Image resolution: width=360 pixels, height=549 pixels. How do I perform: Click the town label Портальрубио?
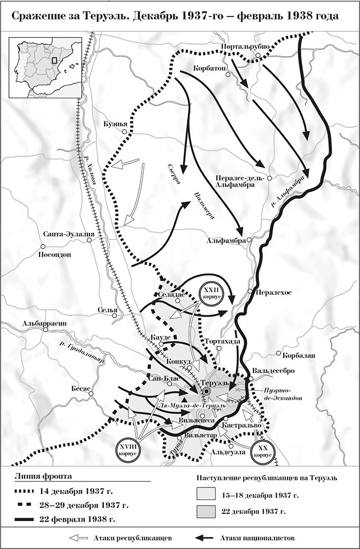(244, 47)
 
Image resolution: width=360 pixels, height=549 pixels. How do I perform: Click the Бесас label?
(80, 388)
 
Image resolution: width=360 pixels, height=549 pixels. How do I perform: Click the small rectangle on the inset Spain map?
(54, 61)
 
